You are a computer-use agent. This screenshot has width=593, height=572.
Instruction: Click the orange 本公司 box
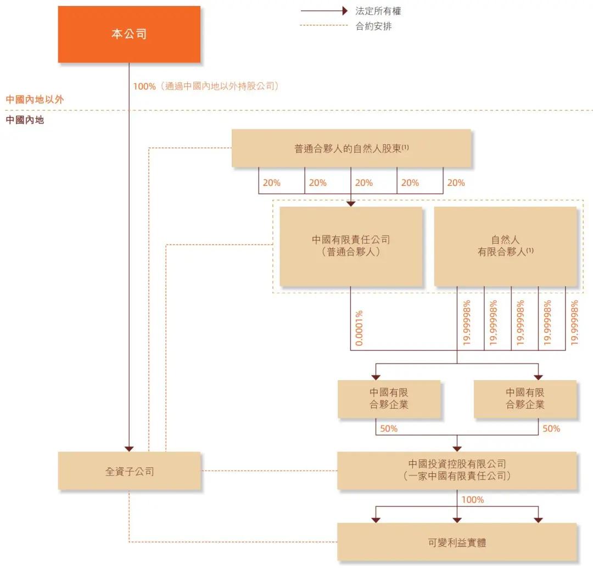pyautogui.click(x=129, y=34)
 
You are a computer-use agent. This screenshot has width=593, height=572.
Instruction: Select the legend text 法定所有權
pyautogui.click(x=378, y=11)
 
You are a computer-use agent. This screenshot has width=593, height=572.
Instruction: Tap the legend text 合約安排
pyautogui.click(x=373, y=26)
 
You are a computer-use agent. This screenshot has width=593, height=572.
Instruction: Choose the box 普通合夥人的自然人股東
pyautogui.click(x=351, y=148)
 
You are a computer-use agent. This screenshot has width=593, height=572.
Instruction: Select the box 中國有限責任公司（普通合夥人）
pyautogui.click(x=351, y=246)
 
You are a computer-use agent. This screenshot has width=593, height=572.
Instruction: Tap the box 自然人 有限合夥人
pyautogui.click(x=505, y=246)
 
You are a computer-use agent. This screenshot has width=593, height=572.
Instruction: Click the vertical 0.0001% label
pyautogui.click(x=359, y=328)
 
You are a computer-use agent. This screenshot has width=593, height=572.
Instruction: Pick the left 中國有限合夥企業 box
pyautogui.click(x=389, y=399)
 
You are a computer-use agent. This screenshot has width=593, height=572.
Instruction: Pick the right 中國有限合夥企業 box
pyautogui.click(x=525, y=399)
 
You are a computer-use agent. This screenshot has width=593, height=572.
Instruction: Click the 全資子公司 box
pyautogui.click(x=129, y=471)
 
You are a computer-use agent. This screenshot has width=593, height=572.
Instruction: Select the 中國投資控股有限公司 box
pyautogui.click(x=457, y=471)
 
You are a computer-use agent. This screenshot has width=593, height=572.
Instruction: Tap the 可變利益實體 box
pyautogui.click(x=457, y=542)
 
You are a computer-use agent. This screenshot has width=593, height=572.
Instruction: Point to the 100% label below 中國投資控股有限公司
pyautogui.click(x=472, y=500)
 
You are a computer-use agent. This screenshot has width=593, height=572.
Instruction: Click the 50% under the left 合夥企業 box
pyautogui.click(x=389, y=428)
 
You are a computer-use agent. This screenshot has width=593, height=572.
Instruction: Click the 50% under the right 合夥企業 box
pyautogui.click(x=551, y=428)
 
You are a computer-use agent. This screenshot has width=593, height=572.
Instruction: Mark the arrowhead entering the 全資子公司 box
pyautogui.click(x=129, y=448)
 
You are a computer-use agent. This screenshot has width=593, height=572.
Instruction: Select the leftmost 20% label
pyautogui.click(x=271, y=183)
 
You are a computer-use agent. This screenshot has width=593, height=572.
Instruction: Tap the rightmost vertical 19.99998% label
pyautogui.click(x=574, y=322)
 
